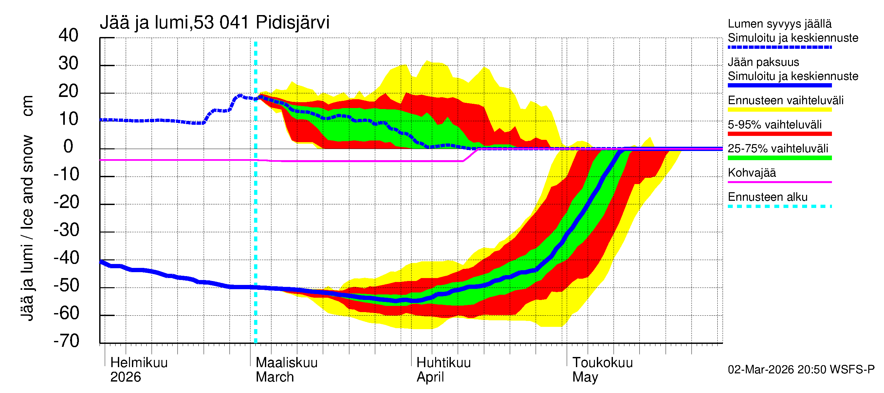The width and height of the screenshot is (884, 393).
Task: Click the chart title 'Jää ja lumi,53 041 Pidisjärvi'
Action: [x=214, y=23]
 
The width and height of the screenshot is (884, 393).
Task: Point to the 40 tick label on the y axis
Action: [x=68, y=35]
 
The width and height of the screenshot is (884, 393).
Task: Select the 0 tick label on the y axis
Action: [x=68, y=147]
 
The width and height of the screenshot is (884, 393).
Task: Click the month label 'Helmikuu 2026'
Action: [x=138, y=370]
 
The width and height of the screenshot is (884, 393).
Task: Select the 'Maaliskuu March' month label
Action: [x=286, y=370]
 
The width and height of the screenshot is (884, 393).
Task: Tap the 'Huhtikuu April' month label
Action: [x=443, y=370]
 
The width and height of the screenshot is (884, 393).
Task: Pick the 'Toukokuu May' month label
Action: [x=602, y=370]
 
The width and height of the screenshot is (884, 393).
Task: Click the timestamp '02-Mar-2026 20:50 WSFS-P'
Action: [x=801, y=370]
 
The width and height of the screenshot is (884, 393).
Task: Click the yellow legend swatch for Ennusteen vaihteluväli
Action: [x=779, y=110]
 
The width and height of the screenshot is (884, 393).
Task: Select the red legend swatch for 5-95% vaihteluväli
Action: [x=779, y=134]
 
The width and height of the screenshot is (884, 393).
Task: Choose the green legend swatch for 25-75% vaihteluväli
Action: [x=779, y=158]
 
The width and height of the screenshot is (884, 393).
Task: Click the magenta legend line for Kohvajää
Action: [x=779, y=182]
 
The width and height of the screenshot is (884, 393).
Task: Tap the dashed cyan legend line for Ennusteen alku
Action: [x=779, y=206]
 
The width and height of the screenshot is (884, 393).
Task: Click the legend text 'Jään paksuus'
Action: [x=763, y=62]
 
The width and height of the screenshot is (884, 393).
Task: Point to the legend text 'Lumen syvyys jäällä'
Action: [x=779, y=24]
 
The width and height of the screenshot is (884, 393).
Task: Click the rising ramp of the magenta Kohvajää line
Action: [x=470, y=155]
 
